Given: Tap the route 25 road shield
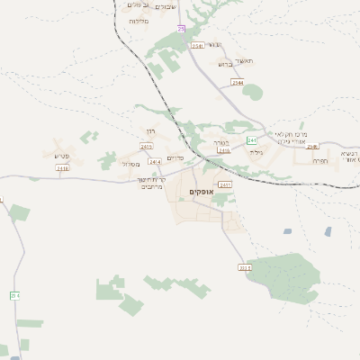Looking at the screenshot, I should tap(181, 29).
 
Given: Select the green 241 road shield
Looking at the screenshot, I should tap(252, 140).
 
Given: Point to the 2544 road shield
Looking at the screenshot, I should tap(238, 82).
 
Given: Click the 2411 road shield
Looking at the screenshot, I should tap(225, 184).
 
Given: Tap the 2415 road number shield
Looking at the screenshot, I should tap(147, 146).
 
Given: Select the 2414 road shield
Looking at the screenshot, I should tap(155, 161).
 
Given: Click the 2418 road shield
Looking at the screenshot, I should tap(62, 167).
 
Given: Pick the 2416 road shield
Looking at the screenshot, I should tap(223, 151).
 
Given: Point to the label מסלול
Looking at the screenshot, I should tap(131, 164).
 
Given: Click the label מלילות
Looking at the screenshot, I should tap(139, 20).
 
